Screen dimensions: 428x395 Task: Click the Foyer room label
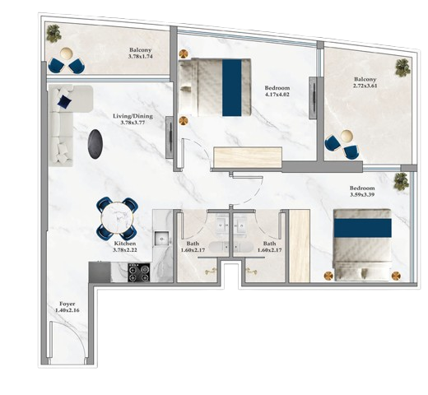tap(67, 304)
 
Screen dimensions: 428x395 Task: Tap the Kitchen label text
tap(125, 244)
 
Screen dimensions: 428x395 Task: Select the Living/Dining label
tap(133, 116)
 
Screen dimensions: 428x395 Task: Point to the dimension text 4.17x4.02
tap(277, 95)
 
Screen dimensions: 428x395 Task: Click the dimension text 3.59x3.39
tap(362, 194)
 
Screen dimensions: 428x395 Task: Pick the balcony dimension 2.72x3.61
tap(365, 86)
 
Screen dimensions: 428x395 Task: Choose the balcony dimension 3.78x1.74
tap(140, 57)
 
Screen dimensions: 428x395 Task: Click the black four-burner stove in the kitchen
tap(139, 272)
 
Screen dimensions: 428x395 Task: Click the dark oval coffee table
tap(95, 144)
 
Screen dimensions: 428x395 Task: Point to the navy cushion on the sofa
tap(64, 101)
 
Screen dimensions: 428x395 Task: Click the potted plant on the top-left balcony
tap(53, 34)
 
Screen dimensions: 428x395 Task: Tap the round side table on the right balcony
tap(347, 136)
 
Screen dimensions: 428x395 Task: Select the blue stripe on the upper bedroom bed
tap(232, 87)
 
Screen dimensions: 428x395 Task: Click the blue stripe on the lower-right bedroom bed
tap(363, 228)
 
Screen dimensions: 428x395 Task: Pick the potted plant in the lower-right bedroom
tap(402, 182)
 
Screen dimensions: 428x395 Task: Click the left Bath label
tap(193, 244)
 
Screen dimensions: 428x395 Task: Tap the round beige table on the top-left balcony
tap(67, 53)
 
